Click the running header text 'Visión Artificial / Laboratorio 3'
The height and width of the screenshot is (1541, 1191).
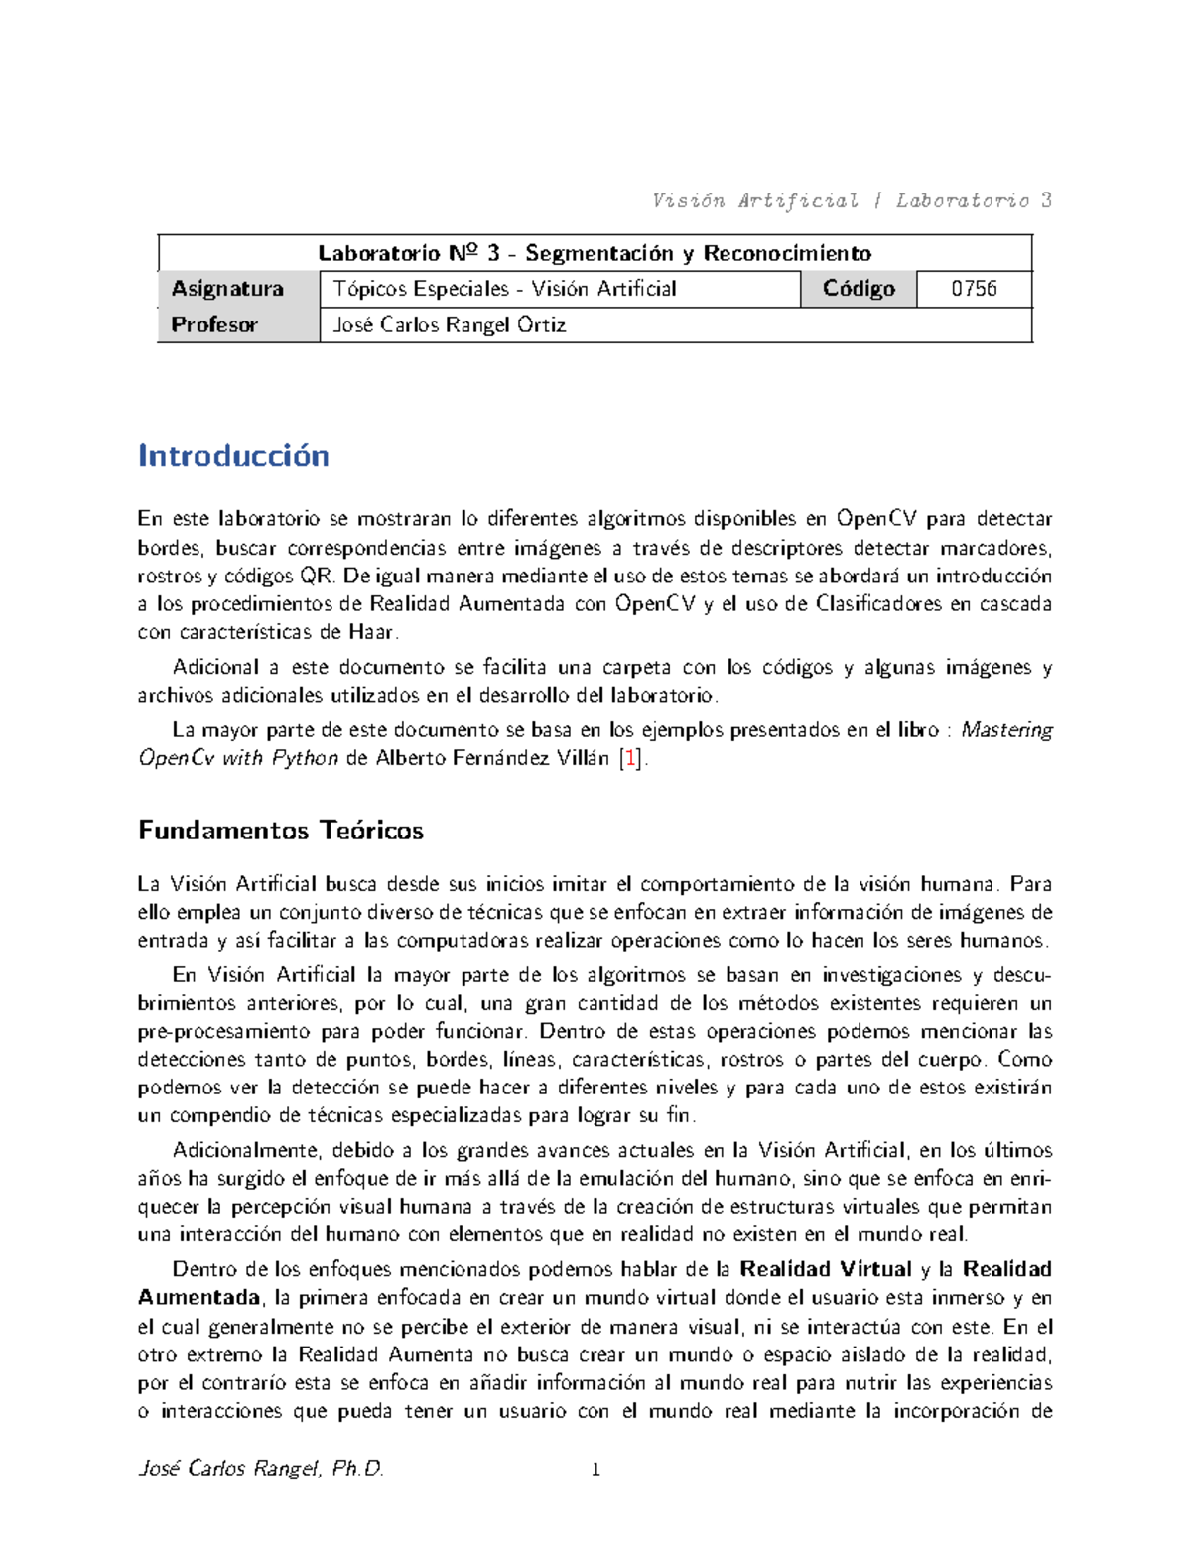click(851, 201)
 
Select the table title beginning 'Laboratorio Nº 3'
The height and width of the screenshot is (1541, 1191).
click(595, 253)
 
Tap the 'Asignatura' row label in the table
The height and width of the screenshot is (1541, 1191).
click(227, 289)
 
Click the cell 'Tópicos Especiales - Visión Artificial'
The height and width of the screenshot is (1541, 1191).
click(504, 289)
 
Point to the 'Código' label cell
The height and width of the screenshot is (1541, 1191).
click(859, 289)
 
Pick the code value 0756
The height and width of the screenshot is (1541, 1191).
click(974, 289)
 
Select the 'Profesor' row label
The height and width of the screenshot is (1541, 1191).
click(214, 324)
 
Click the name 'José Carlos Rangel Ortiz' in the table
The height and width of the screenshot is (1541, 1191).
click(449, 324)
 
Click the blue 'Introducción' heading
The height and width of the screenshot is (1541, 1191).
click(233, 455)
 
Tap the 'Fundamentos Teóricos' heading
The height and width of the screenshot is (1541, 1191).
click(281, 831)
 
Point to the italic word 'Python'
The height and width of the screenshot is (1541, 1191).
click(304, 759)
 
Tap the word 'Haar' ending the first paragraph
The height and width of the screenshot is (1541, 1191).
click(372, 632)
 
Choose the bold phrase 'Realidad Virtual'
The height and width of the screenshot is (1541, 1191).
click(826, 1269)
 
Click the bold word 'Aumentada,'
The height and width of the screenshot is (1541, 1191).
click(199, 1298)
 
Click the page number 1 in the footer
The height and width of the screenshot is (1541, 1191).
click(595, 1470)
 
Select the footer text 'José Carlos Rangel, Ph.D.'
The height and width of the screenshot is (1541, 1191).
click(261, 1469)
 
